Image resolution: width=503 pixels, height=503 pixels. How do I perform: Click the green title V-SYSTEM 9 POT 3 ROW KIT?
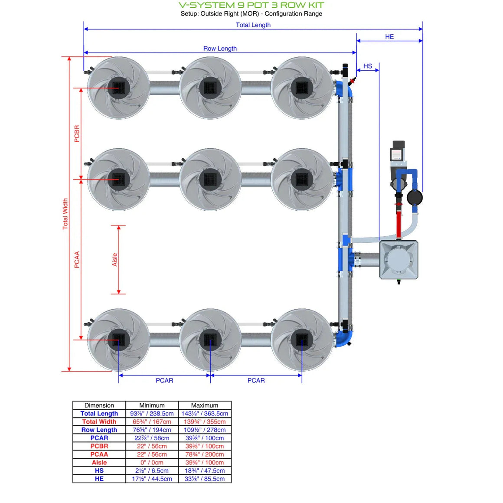[251, 5]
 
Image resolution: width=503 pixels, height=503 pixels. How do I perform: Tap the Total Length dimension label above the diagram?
[253, 25]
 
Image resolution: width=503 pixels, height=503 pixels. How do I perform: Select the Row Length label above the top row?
[220, 49]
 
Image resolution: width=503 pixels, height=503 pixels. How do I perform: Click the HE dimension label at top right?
[389, 37]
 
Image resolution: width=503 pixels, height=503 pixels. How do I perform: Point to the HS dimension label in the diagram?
[368, 66]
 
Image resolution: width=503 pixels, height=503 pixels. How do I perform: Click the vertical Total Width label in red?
[65, 214]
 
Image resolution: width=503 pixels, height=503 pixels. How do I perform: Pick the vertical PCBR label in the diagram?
[77, 134]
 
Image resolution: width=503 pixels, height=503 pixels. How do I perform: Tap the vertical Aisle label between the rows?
[115, 259]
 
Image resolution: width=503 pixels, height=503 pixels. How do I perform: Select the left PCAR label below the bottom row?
[164, 380]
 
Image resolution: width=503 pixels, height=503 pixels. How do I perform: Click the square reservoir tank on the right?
[398, 260]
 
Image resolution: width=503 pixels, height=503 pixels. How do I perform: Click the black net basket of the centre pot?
[210, 179]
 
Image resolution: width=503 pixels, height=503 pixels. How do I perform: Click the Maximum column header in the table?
[205, 405]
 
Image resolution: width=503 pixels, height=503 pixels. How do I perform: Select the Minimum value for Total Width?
[152, 421]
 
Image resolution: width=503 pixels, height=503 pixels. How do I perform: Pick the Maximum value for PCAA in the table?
[205, 454]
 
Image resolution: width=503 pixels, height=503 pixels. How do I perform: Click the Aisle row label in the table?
[99, 463]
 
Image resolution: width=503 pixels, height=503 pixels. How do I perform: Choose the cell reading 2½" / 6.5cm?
[152, 470]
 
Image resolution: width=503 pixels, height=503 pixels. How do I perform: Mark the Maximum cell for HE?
[205, 479]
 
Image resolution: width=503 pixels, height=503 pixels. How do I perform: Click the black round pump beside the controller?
[415, 198]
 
